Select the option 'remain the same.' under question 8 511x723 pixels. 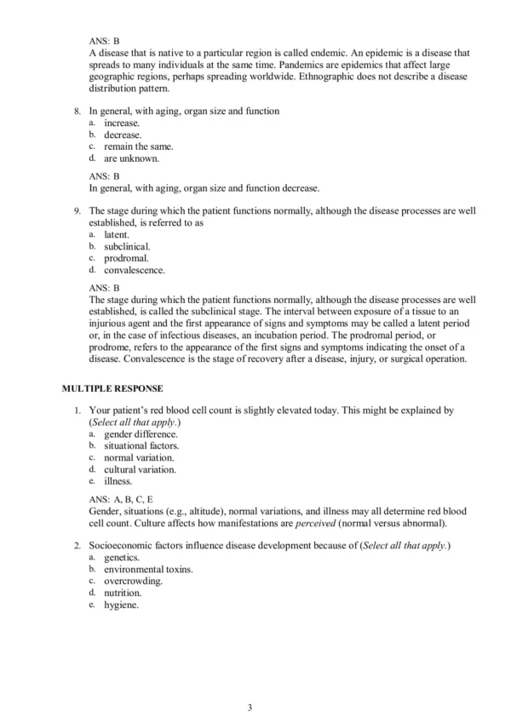(132, 146)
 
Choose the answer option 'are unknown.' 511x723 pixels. (128, 158)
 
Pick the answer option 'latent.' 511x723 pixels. (117, 234)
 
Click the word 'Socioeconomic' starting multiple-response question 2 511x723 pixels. (124, 545)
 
